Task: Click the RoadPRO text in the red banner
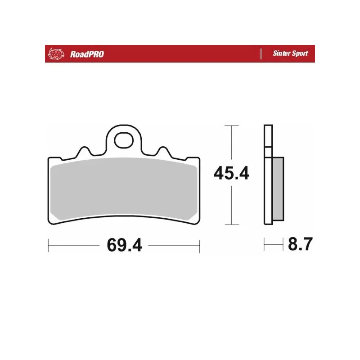click(x=87, y=54)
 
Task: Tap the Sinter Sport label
click(x=290, y=53)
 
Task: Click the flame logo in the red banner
click(x=56, y=54)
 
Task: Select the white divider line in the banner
click(x=261, y=54)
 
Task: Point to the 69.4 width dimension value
click(x=125, y=245)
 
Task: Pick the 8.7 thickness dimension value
click(x=300, y=244)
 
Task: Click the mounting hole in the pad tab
click(x=124, y=140)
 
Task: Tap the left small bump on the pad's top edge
click(x=85, y=151)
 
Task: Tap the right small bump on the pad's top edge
click(x=163, y=151)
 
